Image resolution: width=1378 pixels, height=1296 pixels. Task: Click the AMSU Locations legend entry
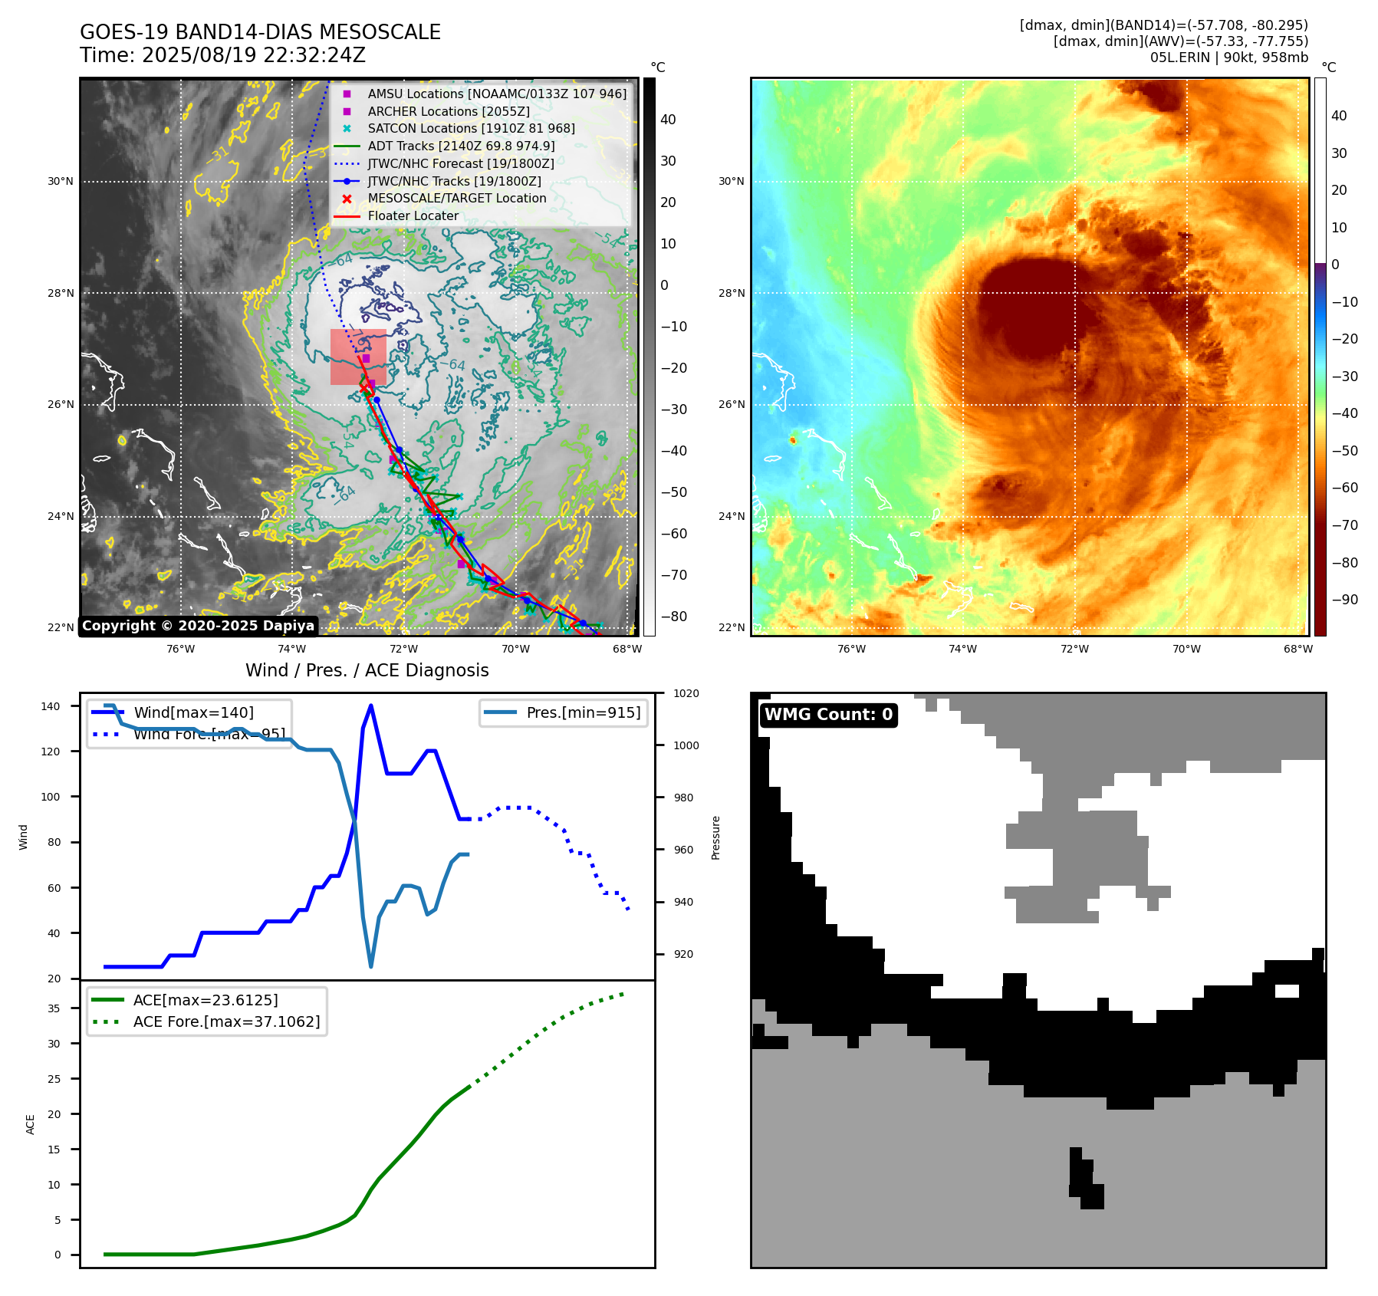click(496, 94)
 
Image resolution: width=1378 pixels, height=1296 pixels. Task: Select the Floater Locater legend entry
click(413, 215)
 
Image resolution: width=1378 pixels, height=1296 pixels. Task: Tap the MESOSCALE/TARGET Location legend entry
click(456, 198)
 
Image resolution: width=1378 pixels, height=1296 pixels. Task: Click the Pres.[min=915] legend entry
click(583, 712)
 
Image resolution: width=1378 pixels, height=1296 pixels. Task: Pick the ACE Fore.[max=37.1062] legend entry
click(226, 1021)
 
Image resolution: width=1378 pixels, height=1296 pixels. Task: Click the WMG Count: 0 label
click(828, 715)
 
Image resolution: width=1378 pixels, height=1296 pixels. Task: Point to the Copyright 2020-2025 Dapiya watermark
click(198, 626)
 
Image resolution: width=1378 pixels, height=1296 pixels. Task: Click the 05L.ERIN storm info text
click(1228, 58)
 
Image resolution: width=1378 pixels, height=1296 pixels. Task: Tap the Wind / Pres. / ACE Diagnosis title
click(367, 670)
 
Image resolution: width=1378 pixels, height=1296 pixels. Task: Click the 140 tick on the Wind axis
click(51, 706)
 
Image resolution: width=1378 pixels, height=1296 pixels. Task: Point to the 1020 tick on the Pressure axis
click(686, 693)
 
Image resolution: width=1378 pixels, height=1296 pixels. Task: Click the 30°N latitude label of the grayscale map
click(61, 182)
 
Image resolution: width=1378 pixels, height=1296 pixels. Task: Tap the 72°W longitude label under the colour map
click(1074, 649)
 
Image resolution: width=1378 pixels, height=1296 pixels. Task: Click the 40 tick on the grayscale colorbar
click(668, 120)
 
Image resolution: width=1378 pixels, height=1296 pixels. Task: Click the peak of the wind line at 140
click(371, 706)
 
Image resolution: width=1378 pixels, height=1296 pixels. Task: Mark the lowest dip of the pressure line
click(371, 966)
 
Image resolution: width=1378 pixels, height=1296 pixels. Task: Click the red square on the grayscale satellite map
click(358, 357)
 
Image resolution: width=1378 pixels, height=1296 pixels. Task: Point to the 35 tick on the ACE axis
click(54, 1008)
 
